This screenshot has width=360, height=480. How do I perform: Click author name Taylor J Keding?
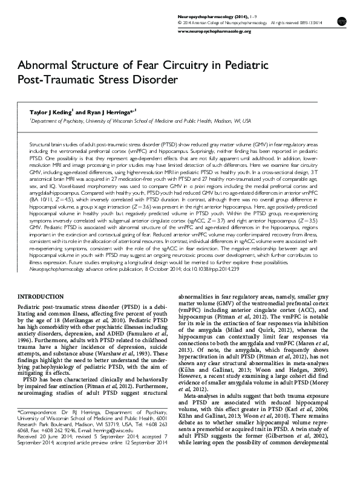47,111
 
